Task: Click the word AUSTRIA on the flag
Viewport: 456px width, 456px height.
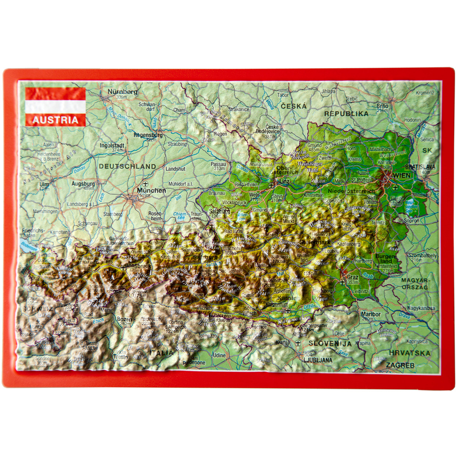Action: pos(55,120)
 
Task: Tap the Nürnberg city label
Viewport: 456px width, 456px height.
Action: pos(122,92)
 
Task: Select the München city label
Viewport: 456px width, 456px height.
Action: pos(152,190)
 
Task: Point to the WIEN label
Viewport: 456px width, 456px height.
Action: pos(402,175)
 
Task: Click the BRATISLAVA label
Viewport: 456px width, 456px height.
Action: pos(420,167)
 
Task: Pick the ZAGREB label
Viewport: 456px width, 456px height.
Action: pos(400,365)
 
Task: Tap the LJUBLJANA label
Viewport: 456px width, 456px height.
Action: pos(318,360)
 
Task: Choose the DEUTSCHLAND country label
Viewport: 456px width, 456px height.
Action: pos(127,166)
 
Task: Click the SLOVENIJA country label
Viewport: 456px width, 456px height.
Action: pos(330,343)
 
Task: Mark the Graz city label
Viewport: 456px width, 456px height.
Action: pos(353,277)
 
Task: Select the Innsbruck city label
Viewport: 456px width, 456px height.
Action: pos(139,266)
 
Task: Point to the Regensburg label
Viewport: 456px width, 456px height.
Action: pos(148,135)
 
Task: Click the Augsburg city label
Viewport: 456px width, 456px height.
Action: pos(83,184)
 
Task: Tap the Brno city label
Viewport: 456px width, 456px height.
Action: pos(383,106)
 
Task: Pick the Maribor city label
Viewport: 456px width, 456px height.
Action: pos(370,314)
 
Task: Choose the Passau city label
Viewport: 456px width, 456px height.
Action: pos(218,164)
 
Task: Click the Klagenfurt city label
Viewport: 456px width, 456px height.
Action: pos(276,304)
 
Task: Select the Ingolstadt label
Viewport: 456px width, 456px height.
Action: pos(112,145)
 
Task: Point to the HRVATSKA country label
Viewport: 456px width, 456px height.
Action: pos(410,353)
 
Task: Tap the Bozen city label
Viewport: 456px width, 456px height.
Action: pos(124,319)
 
